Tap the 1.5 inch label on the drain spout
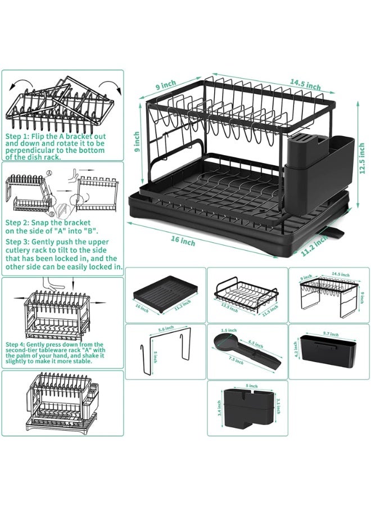pyautogui.click(x=228, y=331)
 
